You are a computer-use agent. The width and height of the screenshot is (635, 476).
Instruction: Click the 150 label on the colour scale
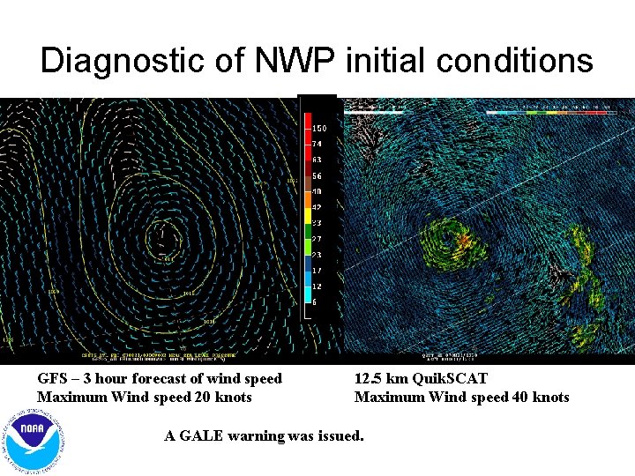coord(319,129)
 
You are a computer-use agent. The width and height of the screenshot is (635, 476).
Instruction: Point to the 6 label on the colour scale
coord(316,302)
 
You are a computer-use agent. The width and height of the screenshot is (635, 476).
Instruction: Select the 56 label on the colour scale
coord(317,175)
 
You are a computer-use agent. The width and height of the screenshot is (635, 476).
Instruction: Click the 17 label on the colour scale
coord(317,271)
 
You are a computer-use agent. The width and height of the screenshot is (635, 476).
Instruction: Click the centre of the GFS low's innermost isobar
coord(161,236)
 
